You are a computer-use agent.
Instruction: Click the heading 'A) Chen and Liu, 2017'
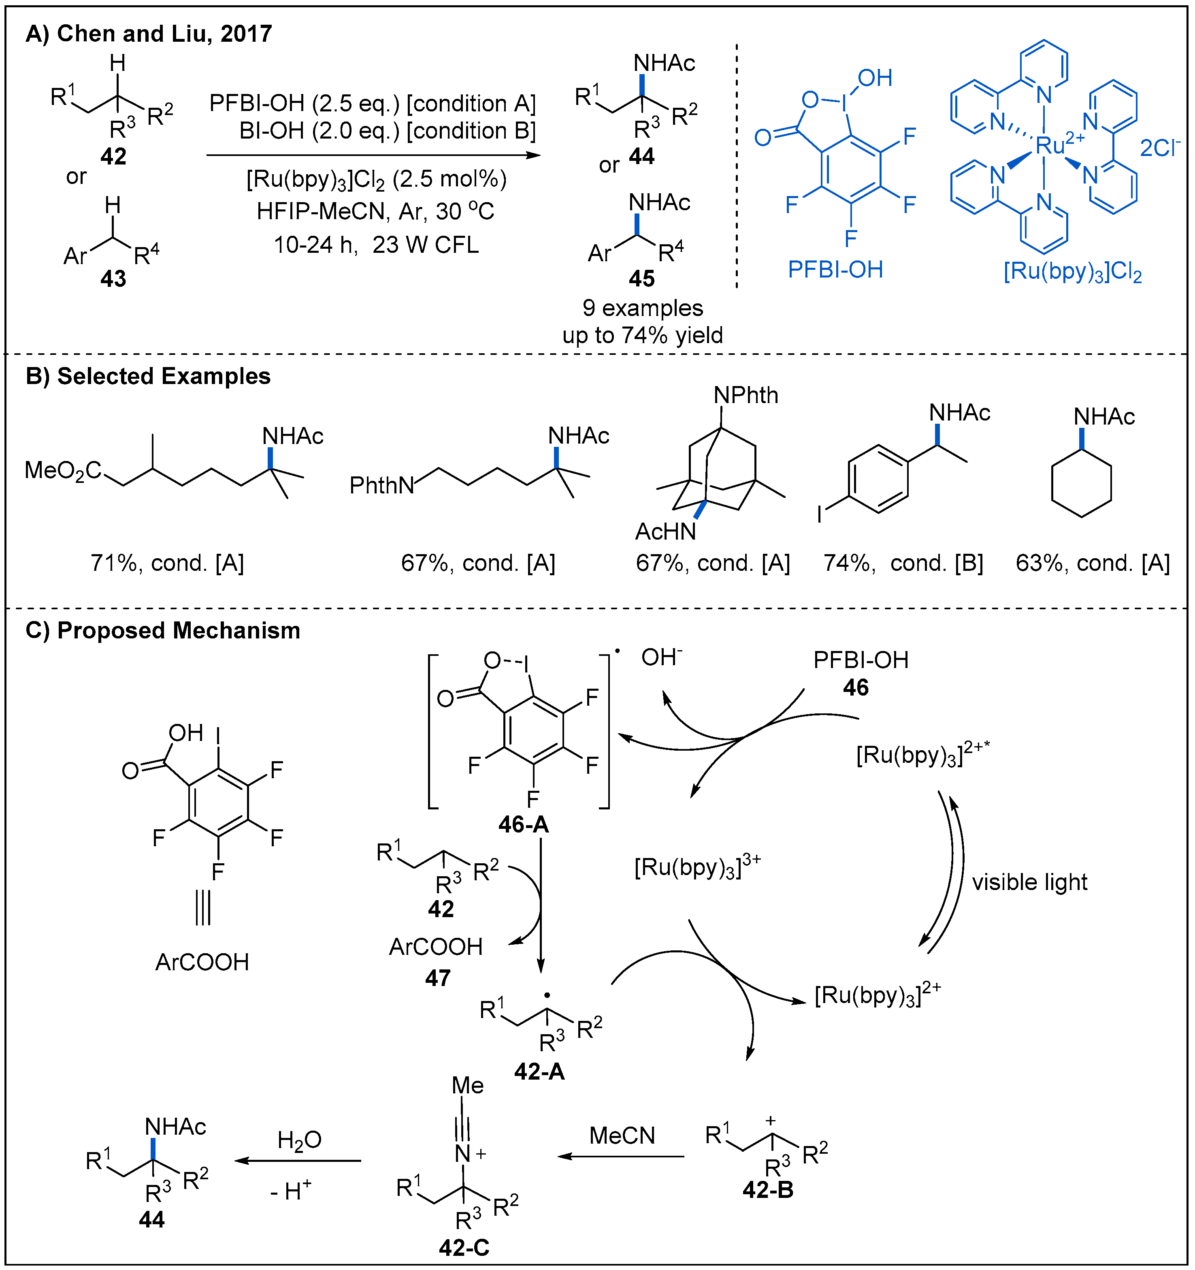(x=148, y=33)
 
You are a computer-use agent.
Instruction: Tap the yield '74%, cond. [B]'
(x=903, y=563)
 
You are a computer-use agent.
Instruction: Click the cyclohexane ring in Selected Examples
(x=1081, y=483)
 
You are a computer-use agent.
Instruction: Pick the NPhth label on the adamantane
(x=746, y=395)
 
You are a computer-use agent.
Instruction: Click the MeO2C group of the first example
(x=63, y=471)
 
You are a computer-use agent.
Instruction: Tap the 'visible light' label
(x=1029, y=882)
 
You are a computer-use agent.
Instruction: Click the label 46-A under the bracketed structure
(x=523, y=824)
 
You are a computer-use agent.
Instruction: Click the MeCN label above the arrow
(x=622, y=1135)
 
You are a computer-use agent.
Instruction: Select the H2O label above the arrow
(x=299, y=1140)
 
